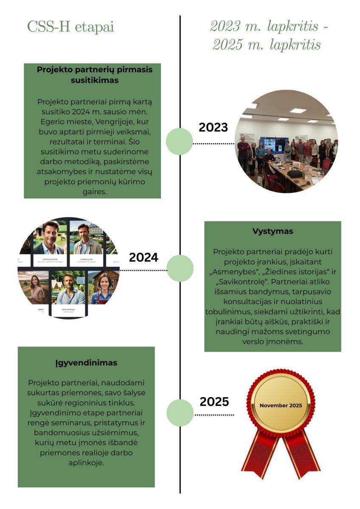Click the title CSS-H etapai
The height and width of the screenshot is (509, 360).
(70, 27)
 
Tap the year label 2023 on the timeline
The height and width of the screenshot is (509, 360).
(213, 127)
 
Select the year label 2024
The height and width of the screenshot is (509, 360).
(143, 257)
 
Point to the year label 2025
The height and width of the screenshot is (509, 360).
(214, 402)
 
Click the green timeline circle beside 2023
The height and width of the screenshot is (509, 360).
(179, 142)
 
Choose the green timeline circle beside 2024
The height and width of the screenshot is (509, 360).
(180, 268)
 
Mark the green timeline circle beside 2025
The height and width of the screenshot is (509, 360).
(180, 412)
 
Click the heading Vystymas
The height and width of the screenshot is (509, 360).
(273, 232)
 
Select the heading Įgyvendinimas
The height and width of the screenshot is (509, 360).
(86, 363)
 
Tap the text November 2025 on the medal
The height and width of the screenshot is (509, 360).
(281, 406)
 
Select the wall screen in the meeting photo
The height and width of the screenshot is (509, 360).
(273, 144)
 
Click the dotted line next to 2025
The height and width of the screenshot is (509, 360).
(214, 415)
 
